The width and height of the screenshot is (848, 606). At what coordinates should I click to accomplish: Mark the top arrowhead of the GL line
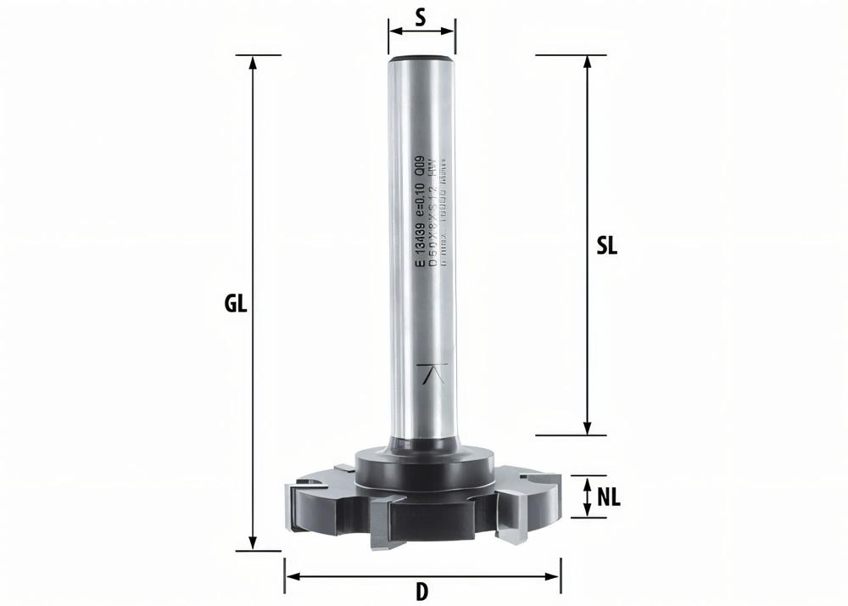252,62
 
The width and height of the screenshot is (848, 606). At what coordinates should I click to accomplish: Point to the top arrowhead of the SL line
588,62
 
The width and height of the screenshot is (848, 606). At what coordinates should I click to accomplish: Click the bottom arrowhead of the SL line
588,429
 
